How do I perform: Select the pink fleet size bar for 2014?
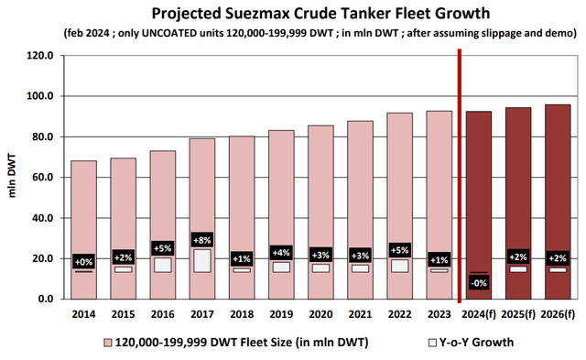click(83, 211)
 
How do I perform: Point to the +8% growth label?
click(203, 240)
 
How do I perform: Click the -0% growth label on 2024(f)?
click(479, 282)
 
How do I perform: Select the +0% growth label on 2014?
click(83, 261)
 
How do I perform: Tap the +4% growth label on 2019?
click(281, 252)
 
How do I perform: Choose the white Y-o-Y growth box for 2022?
click(399, 266)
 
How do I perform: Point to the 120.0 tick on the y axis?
click(44, 55)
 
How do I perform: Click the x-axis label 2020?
click(320, 315)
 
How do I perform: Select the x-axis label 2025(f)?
click(517, 315)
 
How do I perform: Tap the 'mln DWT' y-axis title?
click(12, 177)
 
